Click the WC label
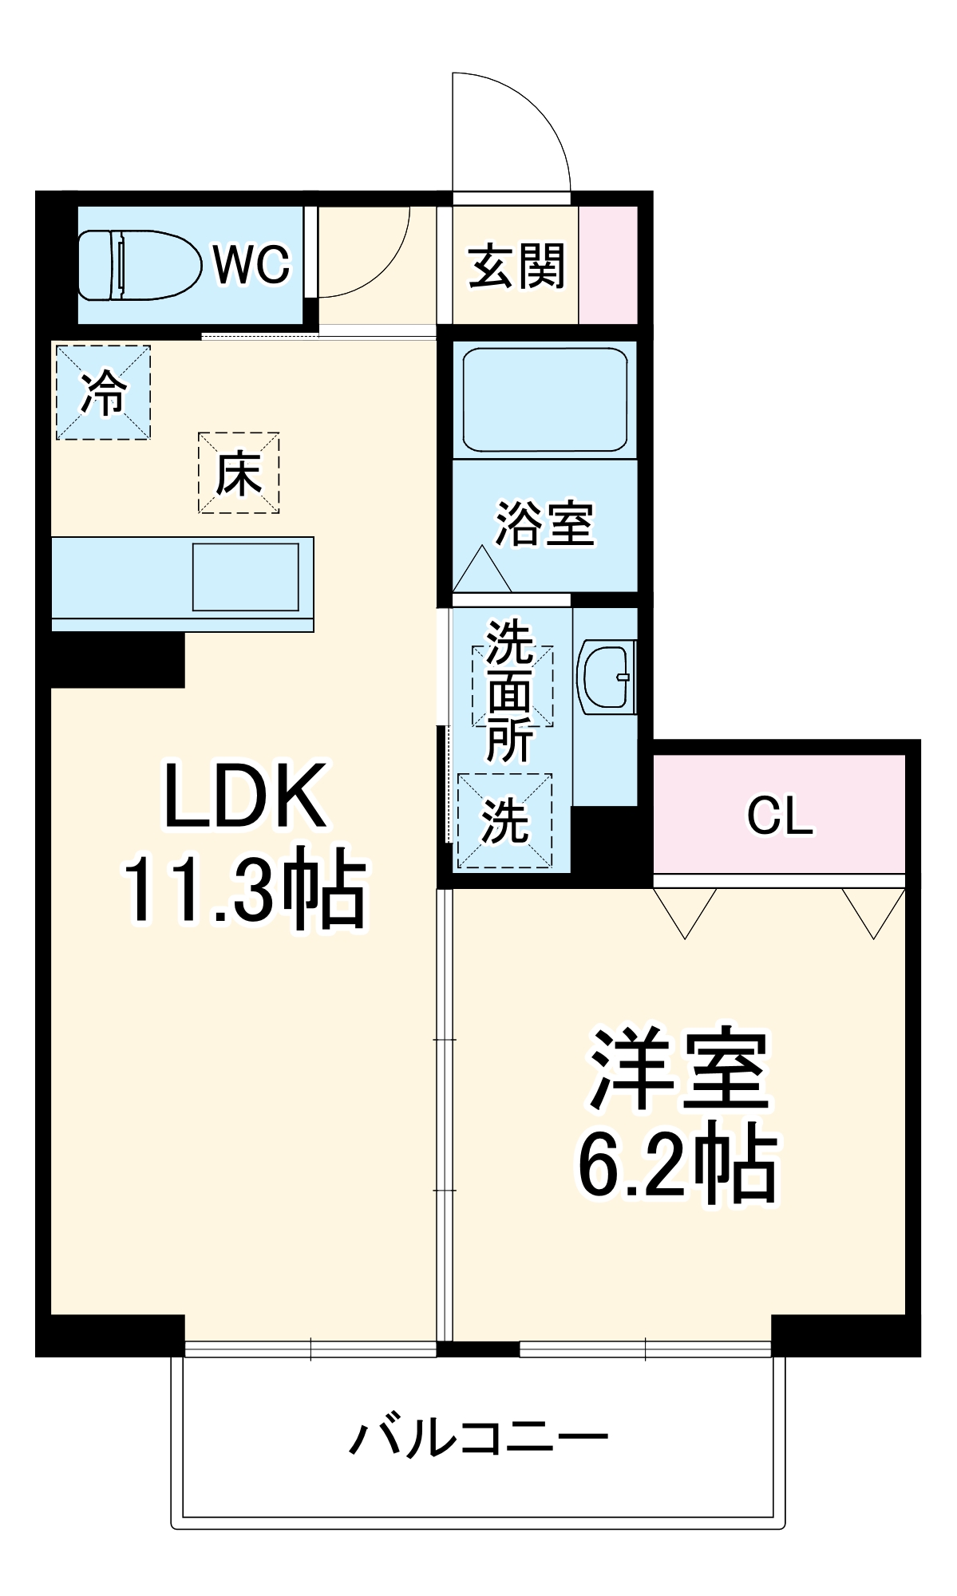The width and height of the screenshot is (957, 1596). pos(251,264)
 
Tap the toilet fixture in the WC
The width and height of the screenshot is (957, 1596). pos(140,265)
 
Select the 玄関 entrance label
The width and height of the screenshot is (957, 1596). pos(516,267)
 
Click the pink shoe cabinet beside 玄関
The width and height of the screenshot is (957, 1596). pos(608,265)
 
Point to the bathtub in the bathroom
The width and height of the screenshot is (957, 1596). pos(544,399)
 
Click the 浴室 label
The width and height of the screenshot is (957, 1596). pos(545,524)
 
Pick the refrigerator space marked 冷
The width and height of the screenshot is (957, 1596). pos(103,393)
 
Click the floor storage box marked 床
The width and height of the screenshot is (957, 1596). pos(239,473)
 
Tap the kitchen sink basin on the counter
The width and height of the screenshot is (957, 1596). pos(246,577)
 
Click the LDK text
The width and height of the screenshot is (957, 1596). pos(245,796)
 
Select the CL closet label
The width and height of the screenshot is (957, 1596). pos(780,816)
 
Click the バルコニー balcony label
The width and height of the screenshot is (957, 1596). pos(479,1438)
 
